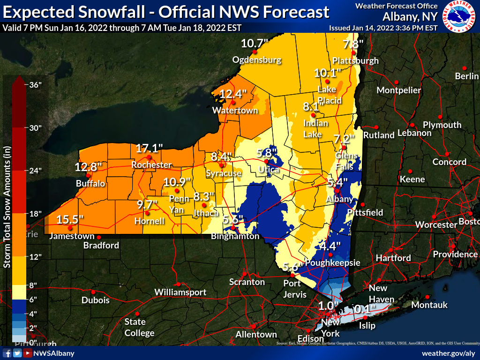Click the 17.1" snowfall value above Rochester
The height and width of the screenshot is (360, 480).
(149, 149)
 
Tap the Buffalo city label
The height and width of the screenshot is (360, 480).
(91, 183)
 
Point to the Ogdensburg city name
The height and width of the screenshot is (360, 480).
(257, 60)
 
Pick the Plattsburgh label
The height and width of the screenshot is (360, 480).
(355, 60)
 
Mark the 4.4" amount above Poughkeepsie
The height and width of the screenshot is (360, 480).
(330, 246)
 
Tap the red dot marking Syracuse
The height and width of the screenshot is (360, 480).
(222, 165)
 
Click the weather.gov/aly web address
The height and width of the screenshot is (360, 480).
(448, 353)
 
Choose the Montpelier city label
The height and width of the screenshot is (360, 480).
(399, 90)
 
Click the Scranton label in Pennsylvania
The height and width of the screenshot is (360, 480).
(247, 282)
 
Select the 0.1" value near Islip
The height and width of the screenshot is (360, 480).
(366, 309)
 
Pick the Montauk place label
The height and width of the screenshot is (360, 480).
(429, 305)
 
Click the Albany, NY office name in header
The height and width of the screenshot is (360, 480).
(410, 17)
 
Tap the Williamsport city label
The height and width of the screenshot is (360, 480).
(180, 292)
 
